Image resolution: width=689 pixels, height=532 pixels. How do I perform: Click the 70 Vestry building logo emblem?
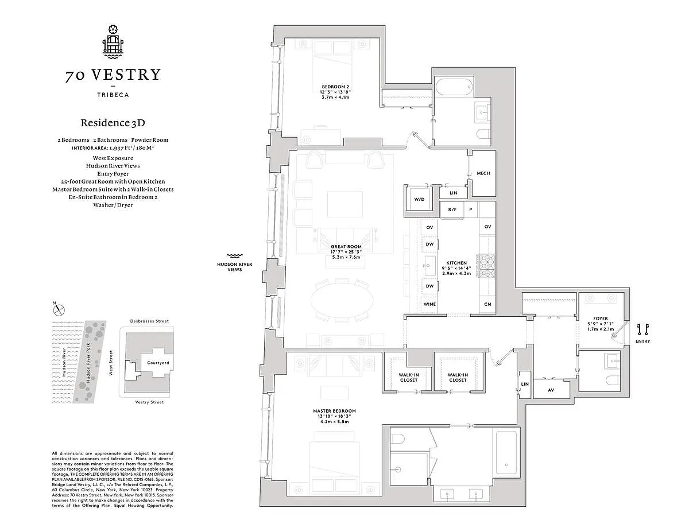point(113,42)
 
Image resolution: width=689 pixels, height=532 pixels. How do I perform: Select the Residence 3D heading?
point(113,123)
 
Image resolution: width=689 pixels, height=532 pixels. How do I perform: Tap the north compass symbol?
point(59,310)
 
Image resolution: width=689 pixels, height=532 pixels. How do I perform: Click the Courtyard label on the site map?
point(158,363)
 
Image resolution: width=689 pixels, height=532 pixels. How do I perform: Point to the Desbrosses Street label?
point(149,321)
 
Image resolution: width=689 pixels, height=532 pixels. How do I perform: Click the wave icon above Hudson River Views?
point(235,256)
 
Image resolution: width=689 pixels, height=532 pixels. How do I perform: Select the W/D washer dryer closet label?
point(419,199)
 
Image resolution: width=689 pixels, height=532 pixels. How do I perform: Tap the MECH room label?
point(483,173)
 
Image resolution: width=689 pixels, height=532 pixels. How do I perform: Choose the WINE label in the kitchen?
point(429,304)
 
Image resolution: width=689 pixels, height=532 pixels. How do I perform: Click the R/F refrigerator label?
point(452,209)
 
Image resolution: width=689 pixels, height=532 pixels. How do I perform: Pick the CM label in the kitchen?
point(487,304)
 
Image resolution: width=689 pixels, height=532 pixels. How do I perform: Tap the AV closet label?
point(551,390)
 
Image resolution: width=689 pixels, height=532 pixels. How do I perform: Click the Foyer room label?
point(600,319)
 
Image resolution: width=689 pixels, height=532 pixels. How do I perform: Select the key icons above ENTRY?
point(642,329)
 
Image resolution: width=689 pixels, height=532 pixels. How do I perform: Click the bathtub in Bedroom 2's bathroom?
point(454,87)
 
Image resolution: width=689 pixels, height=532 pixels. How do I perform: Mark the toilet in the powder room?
point(612,379)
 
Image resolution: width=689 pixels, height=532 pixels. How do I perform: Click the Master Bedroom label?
point(334,411)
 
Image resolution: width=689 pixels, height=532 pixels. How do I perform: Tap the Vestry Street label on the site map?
point(149,402)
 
